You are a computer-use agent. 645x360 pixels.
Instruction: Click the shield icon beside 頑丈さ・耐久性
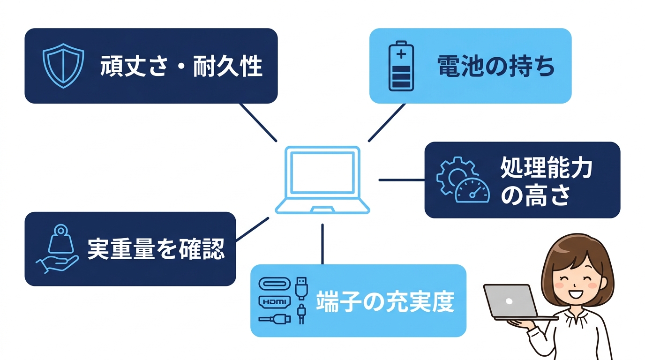pyautogui.click(x=63, y=66)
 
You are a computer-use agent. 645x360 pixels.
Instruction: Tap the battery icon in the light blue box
pyautogui.click(x=401, y=66)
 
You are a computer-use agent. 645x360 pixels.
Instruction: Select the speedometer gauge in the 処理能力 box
pyautogui.click(x=472, y=190)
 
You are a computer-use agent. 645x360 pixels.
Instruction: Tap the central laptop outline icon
pyautogui.click(x=322, y=180)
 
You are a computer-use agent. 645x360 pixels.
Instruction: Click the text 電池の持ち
pyautogui.click(x=496, y=66)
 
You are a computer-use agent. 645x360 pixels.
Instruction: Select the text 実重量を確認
pyautogui.click(x=156, y=249)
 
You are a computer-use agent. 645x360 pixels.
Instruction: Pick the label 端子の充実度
pyautogui.click(x=385, y=301)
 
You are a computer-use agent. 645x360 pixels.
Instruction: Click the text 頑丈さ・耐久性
pyautogui.click(x=181, y=66)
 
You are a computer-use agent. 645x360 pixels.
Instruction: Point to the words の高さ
pyautogui.click(x=534, y=195)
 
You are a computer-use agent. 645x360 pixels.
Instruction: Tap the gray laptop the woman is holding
pyautogui.click(x=511, y=301)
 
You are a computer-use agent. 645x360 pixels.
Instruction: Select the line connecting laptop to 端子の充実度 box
pyautogui.click(x=322, y=244)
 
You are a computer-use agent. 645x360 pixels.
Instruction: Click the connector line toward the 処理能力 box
pyautogui.click(x=401, y=180)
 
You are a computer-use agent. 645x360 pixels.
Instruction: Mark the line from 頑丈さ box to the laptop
pyautogui.click(x=258, y=122)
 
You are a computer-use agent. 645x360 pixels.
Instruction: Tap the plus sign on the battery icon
pyautogui.click(x=401, y=54)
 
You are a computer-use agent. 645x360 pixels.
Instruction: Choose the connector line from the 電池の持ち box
pyautogui.click(x=387, y=122)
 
